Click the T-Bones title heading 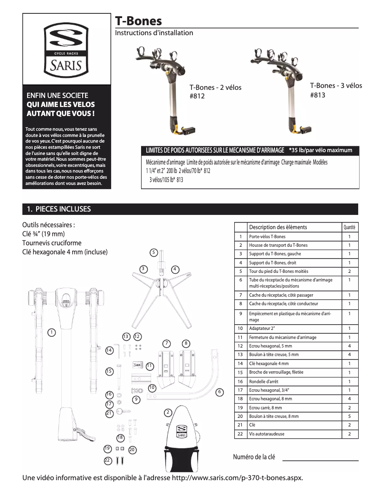point(138,21)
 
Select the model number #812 point(197,96)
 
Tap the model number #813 point(318,95)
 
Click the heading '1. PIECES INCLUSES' point(59,209)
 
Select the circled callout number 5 point(153,252)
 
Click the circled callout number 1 point(51,332)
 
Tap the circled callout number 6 point(219,392)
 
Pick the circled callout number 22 point(107,460)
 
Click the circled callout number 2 point(168,412)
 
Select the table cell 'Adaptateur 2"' point(262,329)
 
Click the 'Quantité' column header point(349,228)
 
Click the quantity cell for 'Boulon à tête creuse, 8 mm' point(349,416)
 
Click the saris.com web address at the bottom point(237,477)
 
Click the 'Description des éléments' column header point(278,227)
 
